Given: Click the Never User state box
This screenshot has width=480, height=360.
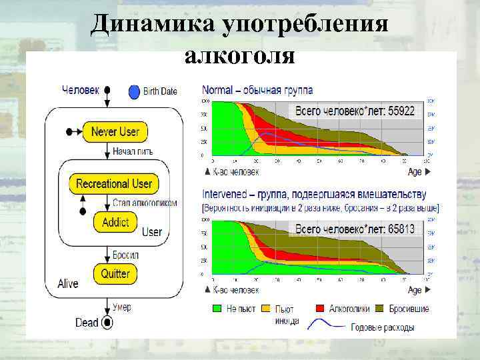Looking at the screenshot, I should tap(115, 131).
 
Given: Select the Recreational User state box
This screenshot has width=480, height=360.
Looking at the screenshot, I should tap(114, 183).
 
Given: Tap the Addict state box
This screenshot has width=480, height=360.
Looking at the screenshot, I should tap(115, 223).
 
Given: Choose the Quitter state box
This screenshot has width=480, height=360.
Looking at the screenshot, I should tap(115, 273).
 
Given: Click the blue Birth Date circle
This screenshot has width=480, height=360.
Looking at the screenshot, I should tap(134, 91).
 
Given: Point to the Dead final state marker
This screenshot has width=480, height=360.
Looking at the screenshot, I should tap(107, 323).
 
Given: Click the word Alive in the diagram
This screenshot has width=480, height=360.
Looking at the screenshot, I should tap(67, 284).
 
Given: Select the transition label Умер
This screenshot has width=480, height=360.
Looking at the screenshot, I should tap(122, 307).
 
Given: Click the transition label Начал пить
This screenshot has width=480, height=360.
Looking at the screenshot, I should tap(132, 151).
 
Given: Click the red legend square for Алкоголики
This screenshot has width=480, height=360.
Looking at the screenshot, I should tap(319, 309).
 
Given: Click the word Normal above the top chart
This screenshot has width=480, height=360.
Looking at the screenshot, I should tap(217, 90).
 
